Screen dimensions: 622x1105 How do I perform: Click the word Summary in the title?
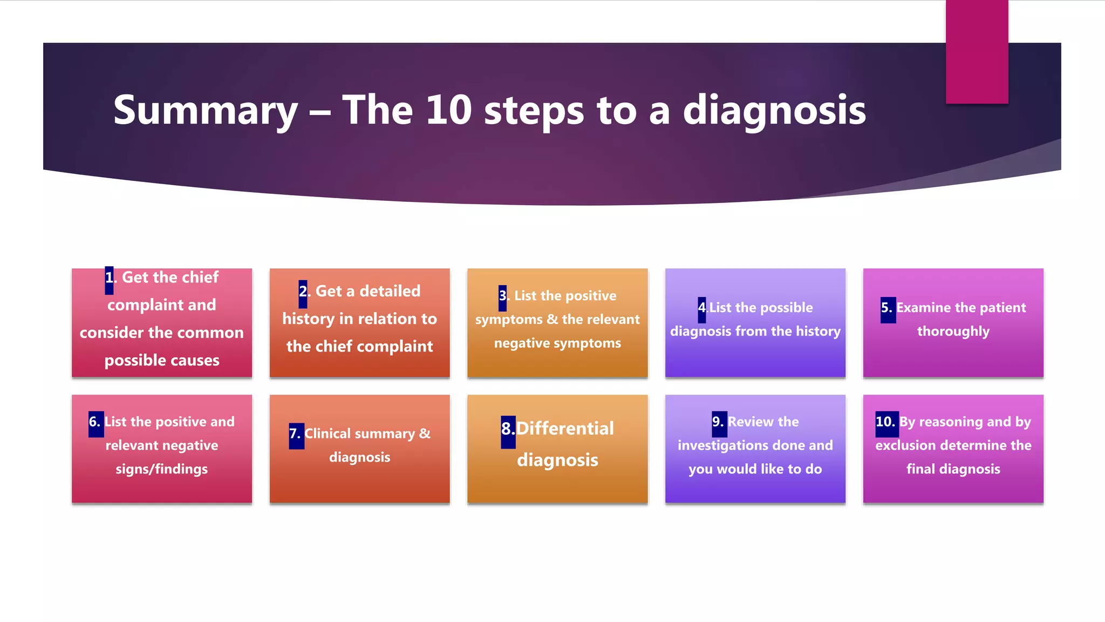click(x=205, y=111)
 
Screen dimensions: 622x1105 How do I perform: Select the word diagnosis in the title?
click(x=774, y=111)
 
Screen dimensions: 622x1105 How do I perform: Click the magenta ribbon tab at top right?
click(x=977, y=52)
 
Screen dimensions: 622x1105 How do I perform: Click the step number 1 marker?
click(x=110, y=279)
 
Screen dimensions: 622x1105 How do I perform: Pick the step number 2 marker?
click(x=303, y=292)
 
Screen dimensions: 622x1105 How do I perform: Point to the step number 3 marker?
click(x=503, y=296)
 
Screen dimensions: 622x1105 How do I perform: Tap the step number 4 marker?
click(x=701, y=308)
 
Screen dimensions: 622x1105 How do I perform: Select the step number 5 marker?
click(x=888, y=309)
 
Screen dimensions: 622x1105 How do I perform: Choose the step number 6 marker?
click(x=96, y=423)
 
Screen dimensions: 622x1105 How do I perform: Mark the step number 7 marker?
click(x=296, y=435)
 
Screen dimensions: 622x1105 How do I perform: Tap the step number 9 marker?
click(x=719, y=423)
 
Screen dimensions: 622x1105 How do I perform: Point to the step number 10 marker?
click(x=886, y=423)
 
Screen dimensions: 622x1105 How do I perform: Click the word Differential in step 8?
click(x=565, y=429)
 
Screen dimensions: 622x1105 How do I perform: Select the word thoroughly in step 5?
click(x=953, y=332)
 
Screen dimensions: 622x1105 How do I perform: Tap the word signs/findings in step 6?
click(x=161, y=469)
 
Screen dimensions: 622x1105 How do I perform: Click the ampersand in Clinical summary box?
click(x=425, y=434)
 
